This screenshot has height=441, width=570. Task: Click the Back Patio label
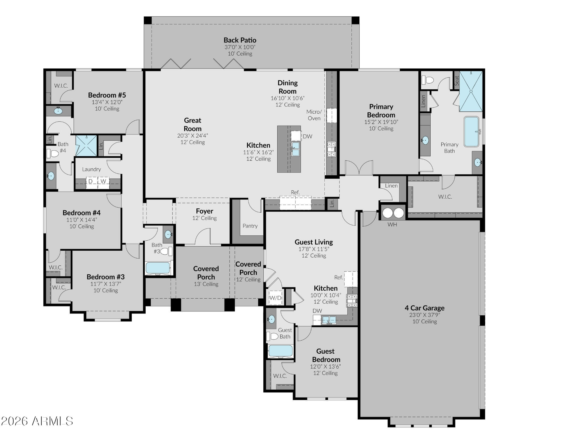(x=240, y=40)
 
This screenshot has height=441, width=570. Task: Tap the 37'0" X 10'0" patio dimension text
(x=240, y=47)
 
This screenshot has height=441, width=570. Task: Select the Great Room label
(x=193, y=124)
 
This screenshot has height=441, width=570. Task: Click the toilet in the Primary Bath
(x=427, y=80)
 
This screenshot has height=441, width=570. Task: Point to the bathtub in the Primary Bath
(x=471, y=132)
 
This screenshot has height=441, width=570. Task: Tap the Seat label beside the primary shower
(x=457, y=80)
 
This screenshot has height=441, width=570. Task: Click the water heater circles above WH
(x=393, y=213)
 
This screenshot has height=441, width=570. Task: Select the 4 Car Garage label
(x=425, y=308)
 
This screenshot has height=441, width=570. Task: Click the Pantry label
(x=250, y=226)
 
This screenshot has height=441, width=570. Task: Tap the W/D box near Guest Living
(x=275, y=298)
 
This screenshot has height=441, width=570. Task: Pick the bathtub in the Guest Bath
(x=280, y=351)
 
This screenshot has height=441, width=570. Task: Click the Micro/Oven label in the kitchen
(x=314, y=115)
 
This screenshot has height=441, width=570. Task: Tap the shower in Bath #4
(x=86, y=146)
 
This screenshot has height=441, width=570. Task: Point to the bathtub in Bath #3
(x=158, y=268)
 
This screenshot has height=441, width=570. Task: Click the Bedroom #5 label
(x=107, y=95)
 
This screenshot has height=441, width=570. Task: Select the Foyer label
(x=205, y=211)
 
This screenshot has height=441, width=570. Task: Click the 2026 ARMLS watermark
(x=37, y=421)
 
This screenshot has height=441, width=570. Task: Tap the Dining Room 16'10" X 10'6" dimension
(x=288, y=98)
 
